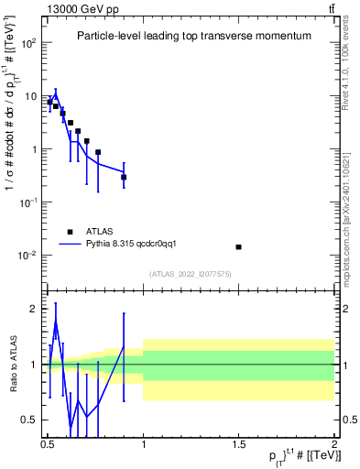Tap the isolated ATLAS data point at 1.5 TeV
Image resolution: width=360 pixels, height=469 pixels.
tap(238, 246)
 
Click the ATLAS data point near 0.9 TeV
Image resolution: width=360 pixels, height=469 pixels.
tap(124, 177)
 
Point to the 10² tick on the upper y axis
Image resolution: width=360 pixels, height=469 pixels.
tap(34, 43)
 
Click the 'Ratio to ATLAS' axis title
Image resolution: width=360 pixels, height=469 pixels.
tap(11, 364)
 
